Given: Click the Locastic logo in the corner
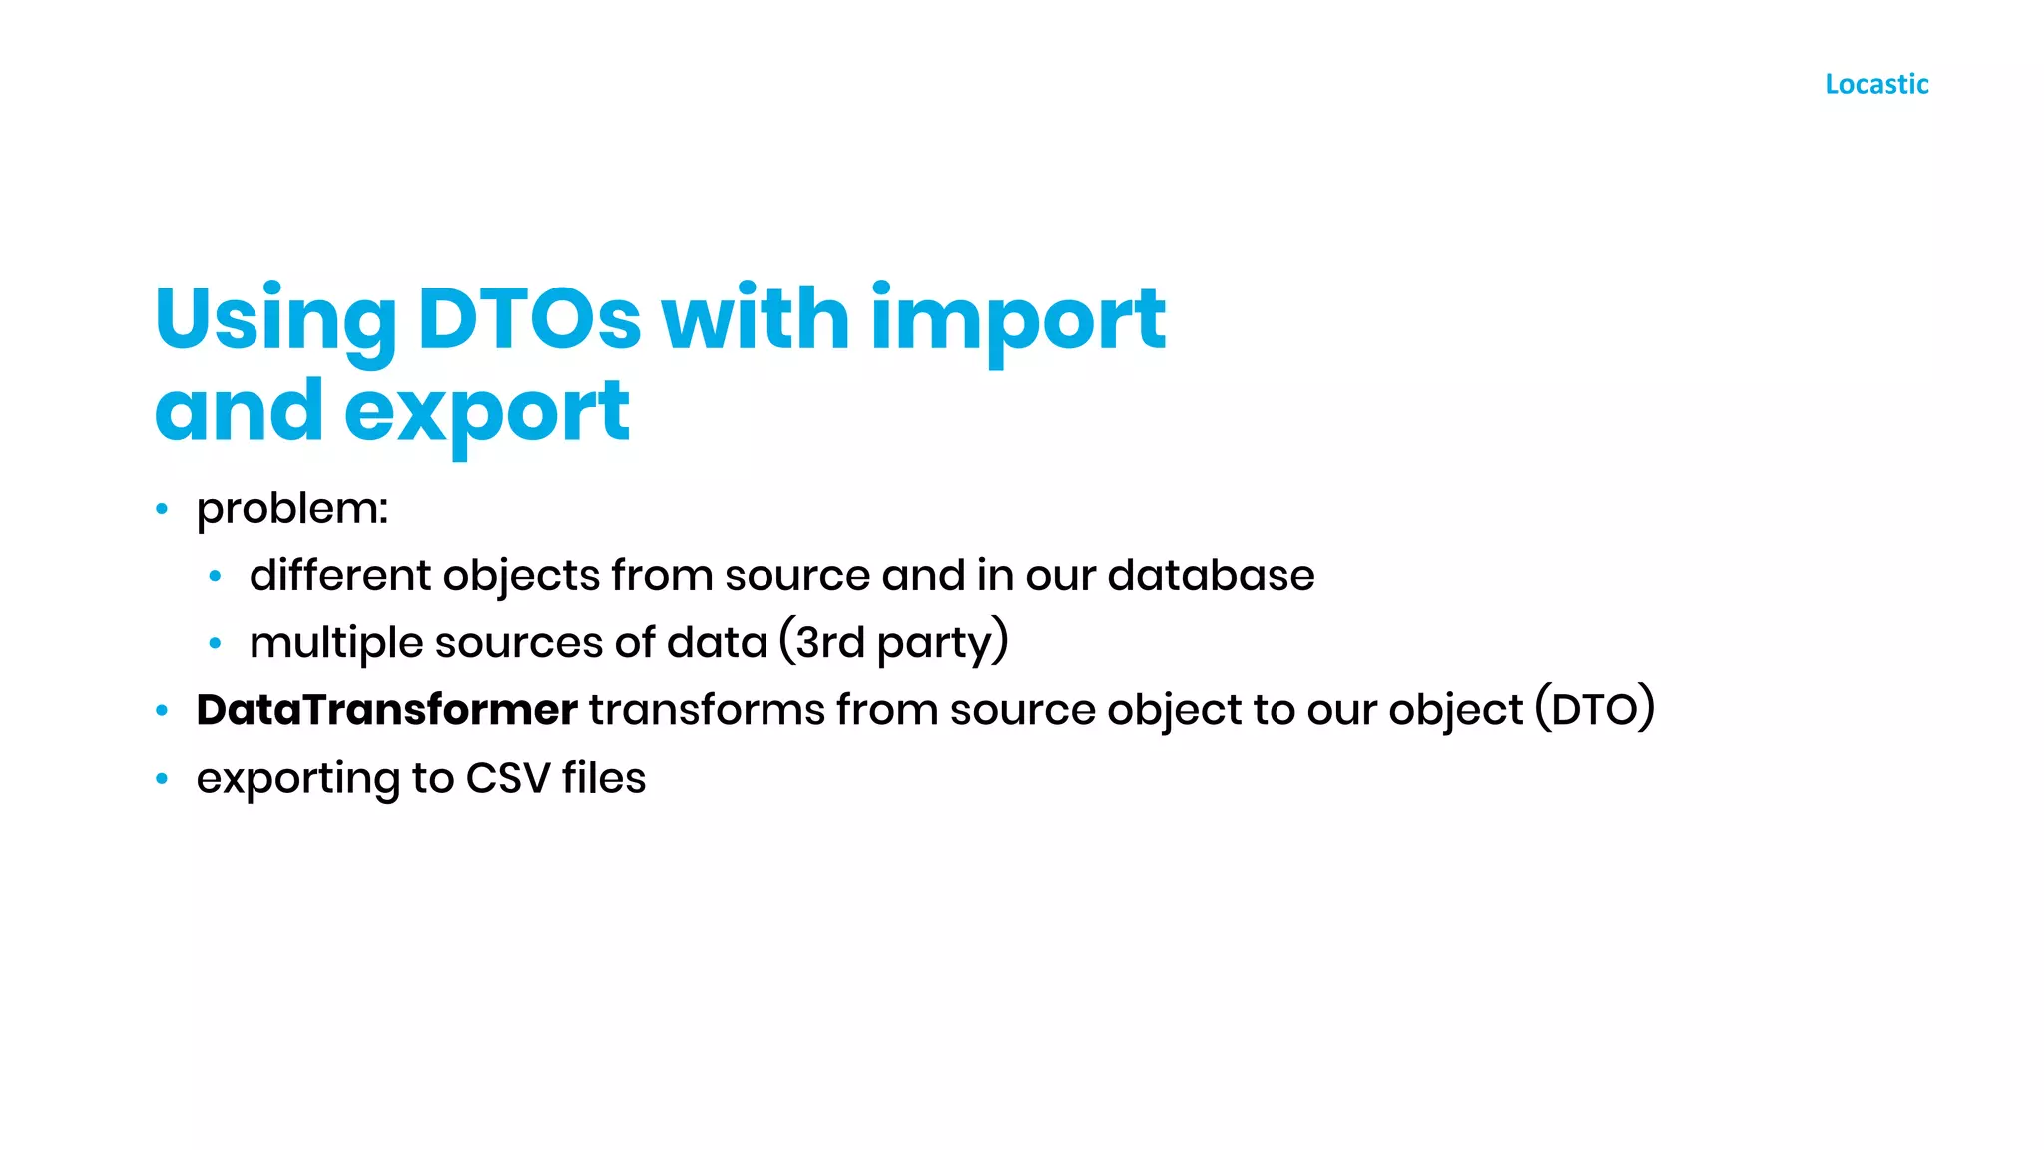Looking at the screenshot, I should [1876, 84].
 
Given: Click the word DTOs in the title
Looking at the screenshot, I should [528, 318].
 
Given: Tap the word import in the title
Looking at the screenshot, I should [1018, 320].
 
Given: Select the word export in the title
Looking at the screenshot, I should [487, 412].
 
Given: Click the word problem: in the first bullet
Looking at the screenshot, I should [291, 510].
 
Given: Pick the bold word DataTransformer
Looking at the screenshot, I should [386, 710].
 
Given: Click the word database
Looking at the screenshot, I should [1211, 575].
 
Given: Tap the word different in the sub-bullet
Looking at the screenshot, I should [340, 575].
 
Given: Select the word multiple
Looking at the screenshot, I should [336, 643].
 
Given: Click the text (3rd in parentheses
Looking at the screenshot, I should [821, 642].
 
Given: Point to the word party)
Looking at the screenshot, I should [942, 643].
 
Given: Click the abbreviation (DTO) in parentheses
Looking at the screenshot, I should [1594, 710].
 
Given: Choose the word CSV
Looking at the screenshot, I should [507, 778].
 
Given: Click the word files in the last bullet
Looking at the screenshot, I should [604, 778].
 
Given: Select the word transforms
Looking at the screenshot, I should [707, 710].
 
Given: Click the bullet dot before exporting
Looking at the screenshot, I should [162, 779].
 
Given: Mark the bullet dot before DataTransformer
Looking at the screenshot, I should [162, 711].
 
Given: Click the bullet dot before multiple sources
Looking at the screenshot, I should [215, 643].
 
